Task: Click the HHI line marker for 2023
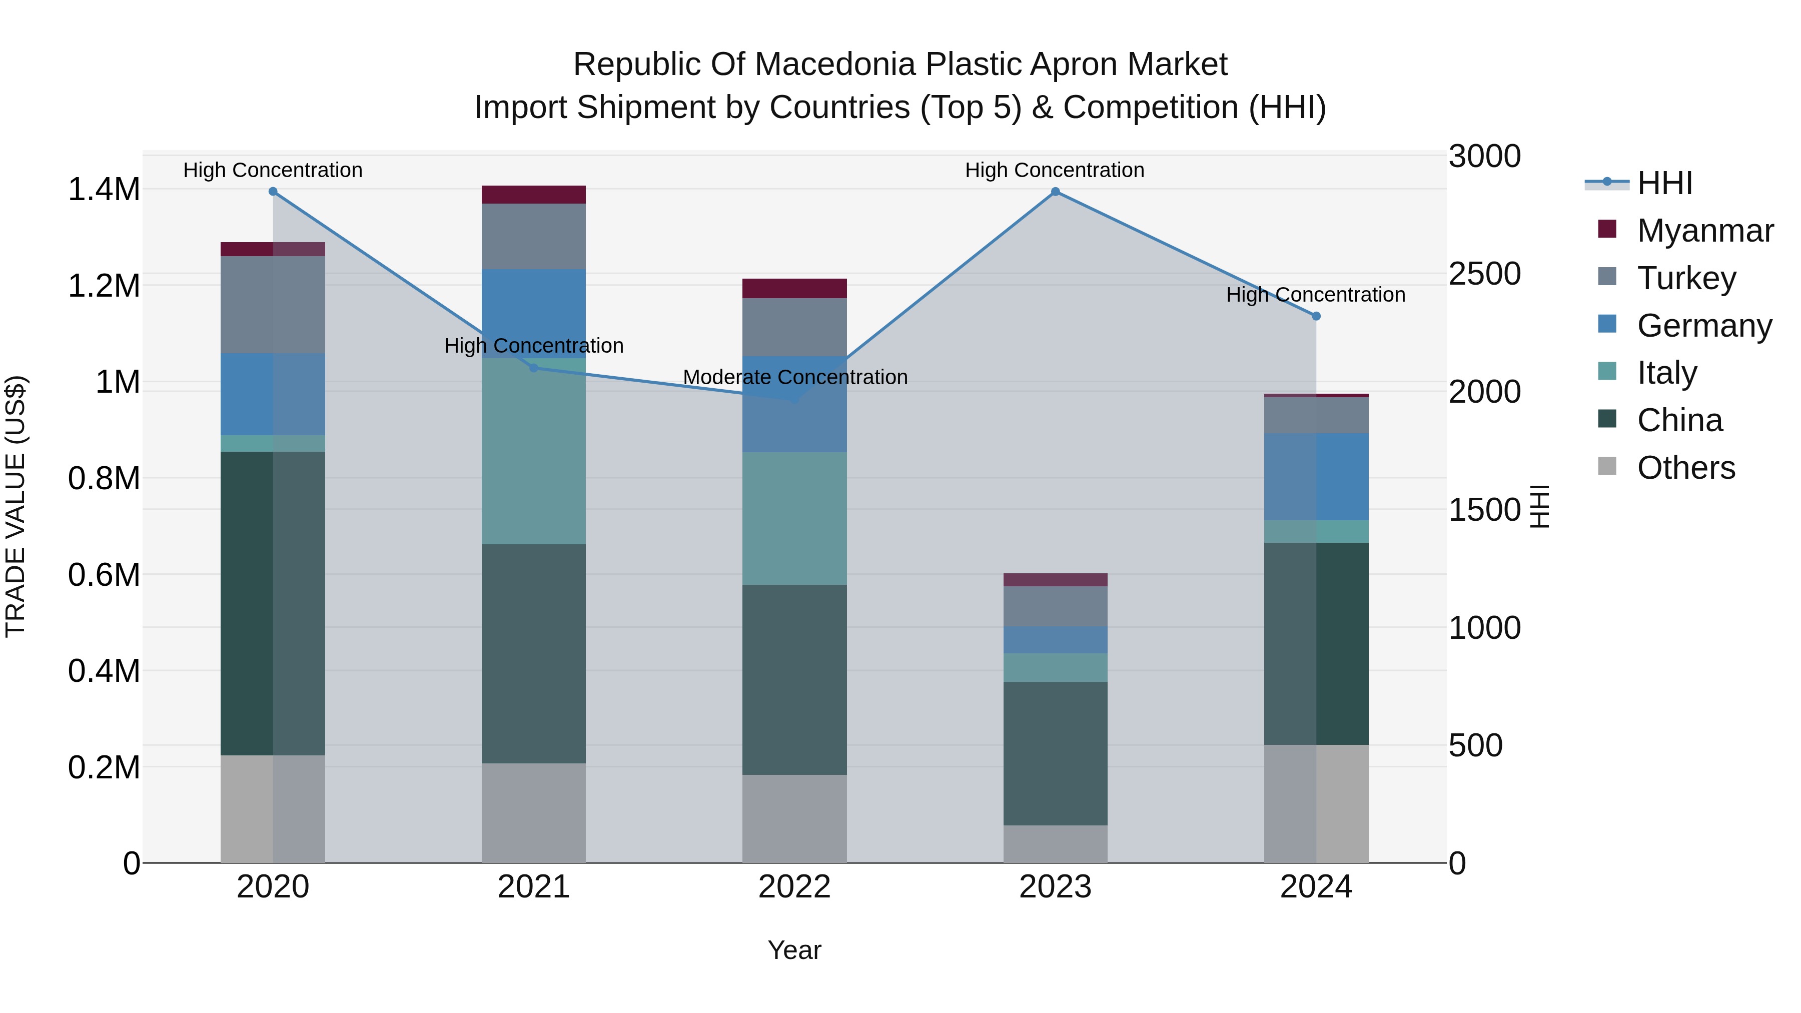[1055, 192]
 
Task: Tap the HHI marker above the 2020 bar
[273, 192]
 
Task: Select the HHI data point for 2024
[1316, 316]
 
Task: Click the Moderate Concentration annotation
[795, 378]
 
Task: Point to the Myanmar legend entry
[1704, 231]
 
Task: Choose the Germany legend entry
[1704, 326]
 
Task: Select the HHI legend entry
[1664, 183]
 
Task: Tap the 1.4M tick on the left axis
[104, 190]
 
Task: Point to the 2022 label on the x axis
[794, 887]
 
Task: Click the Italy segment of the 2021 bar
[533, 451]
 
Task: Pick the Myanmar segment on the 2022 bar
[794, 288]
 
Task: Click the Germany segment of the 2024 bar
[1316, 477]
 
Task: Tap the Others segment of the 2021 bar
[533, 812]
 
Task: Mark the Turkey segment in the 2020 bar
[273, 304]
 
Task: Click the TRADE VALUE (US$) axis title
[16, 506]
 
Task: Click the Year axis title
[794, 950]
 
